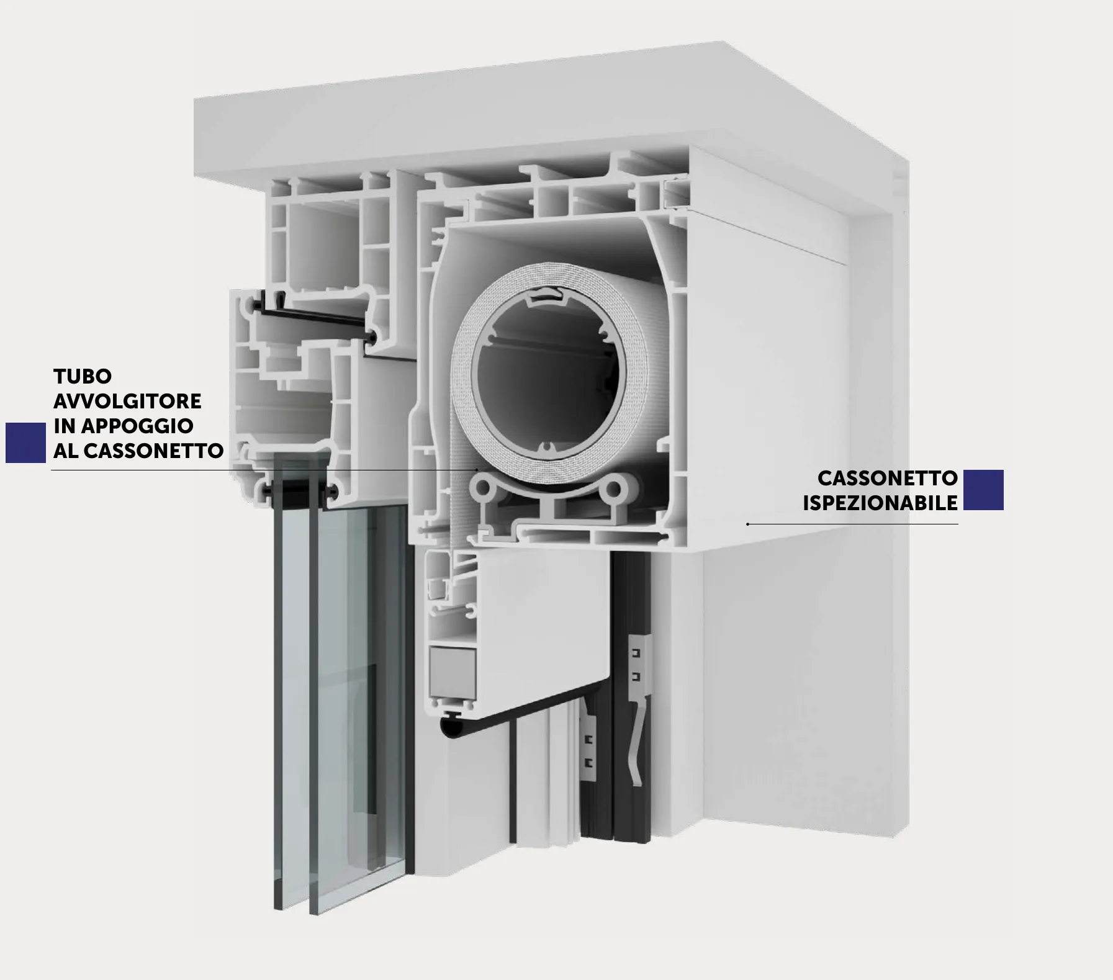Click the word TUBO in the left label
click(x=83, y=376)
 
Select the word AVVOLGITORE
click(x=127, y=401)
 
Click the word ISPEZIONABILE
click(x=880, y=503)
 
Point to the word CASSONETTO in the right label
click(x=888, y=479)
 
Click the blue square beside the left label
click(x=26, y=443)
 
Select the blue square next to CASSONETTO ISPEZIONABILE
click(x=983, y=490)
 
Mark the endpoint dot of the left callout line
click(x=477, y=470)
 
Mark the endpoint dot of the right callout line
click(x=748, y=524)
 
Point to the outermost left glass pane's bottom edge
click(x=278, y=907)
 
